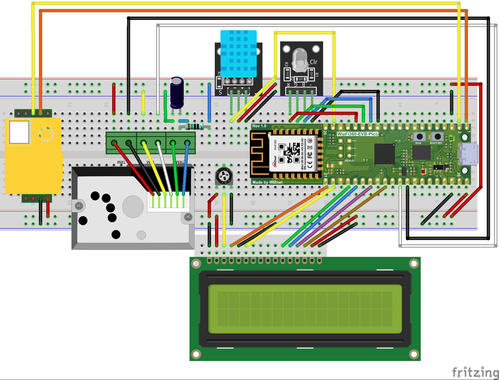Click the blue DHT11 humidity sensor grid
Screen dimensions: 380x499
pyautogui.click(x=238, y=53)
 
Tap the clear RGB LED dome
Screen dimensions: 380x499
pyautogui.click(x=299, y=59)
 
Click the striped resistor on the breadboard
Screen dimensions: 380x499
pyautogui.click(x=195, y=127)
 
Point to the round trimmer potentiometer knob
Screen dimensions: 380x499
pyautogui.click(x=224, y=176)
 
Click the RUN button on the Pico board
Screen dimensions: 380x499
pyautogui.click(x=419, y=137)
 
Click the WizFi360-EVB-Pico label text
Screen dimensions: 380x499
pyautogui.click(x=358, y=134)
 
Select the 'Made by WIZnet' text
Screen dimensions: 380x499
pyautogui.click(x=267, y=182)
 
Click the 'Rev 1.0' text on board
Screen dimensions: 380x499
pyautogui.click(x=259, y=126)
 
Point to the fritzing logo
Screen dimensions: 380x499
pyautogui.click(x=475, y=372)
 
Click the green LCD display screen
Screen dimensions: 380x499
pyautogui.click(x=305, y=309)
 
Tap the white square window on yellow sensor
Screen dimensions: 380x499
pyautogui.click(x=19, y=132)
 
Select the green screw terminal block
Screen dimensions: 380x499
pyautogui.click(x=151, y=143)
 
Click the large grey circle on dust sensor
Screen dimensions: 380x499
pyautogui.click(x=133, y=206)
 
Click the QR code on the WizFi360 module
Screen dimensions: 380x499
pyautogui.click(x=291, y=153)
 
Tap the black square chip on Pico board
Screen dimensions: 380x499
pyautogui.click(x=385, y=154)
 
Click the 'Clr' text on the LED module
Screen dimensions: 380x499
pyautogui.click(x=314, y=62)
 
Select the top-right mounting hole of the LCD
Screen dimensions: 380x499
pyautogui.click(x=414, y=263)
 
